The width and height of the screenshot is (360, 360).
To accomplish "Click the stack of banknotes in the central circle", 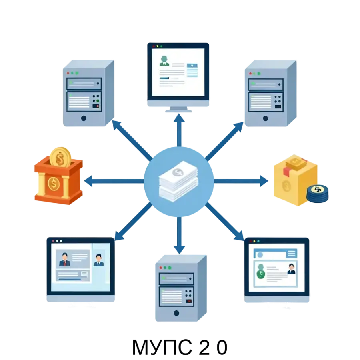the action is (178, 181).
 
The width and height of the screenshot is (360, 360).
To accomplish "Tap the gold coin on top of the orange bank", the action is (60, 158).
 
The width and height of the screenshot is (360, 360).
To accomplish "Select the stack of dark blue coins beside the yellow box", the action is (317, 194).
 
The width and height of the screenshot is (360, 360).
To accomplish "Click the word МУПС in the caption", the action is (162, 347).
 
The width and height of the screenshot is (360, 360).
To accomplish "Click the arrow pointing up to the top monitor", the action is (179, 130).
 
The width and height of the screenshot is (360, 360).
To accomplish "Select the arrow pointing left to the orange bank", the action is (114, 181).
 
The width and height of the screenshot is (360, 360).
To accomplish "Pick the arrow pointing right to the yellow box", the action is (241, 181).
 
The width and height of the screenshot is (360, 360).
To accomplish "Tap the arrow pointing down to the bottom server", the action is (179, 236).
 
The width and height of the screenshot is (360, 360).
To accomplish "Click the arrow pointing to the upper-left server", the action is (132, 140).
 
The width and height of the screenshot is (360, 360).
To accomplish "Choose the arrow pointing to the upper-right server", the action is (224, 141).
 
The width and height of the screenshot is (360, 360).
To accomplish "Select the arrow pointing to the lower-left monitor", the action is (133, 222).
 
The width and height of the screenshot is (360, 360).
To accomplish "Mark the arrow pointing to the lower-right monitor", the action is (224, 222).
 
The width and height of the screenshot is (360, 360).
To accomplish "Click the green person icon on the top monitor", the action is (164, 61).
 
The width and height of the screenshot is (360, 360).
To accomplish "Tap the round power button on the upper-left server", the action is (84, 118).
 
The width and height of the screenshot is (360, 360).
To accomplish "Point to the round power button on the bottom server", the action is (176, 313).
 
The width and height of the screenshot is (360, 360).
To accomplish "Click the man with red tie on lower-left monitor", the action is (65, 260).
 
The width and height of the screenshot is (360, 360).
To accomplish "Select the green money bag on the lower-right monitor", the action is (260, 271).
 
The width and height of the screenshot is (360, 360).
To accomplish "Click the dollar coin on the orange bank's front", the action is (54, 184).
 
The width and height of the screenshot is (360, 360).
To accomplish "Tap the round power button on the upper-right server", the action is (266, 118).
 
